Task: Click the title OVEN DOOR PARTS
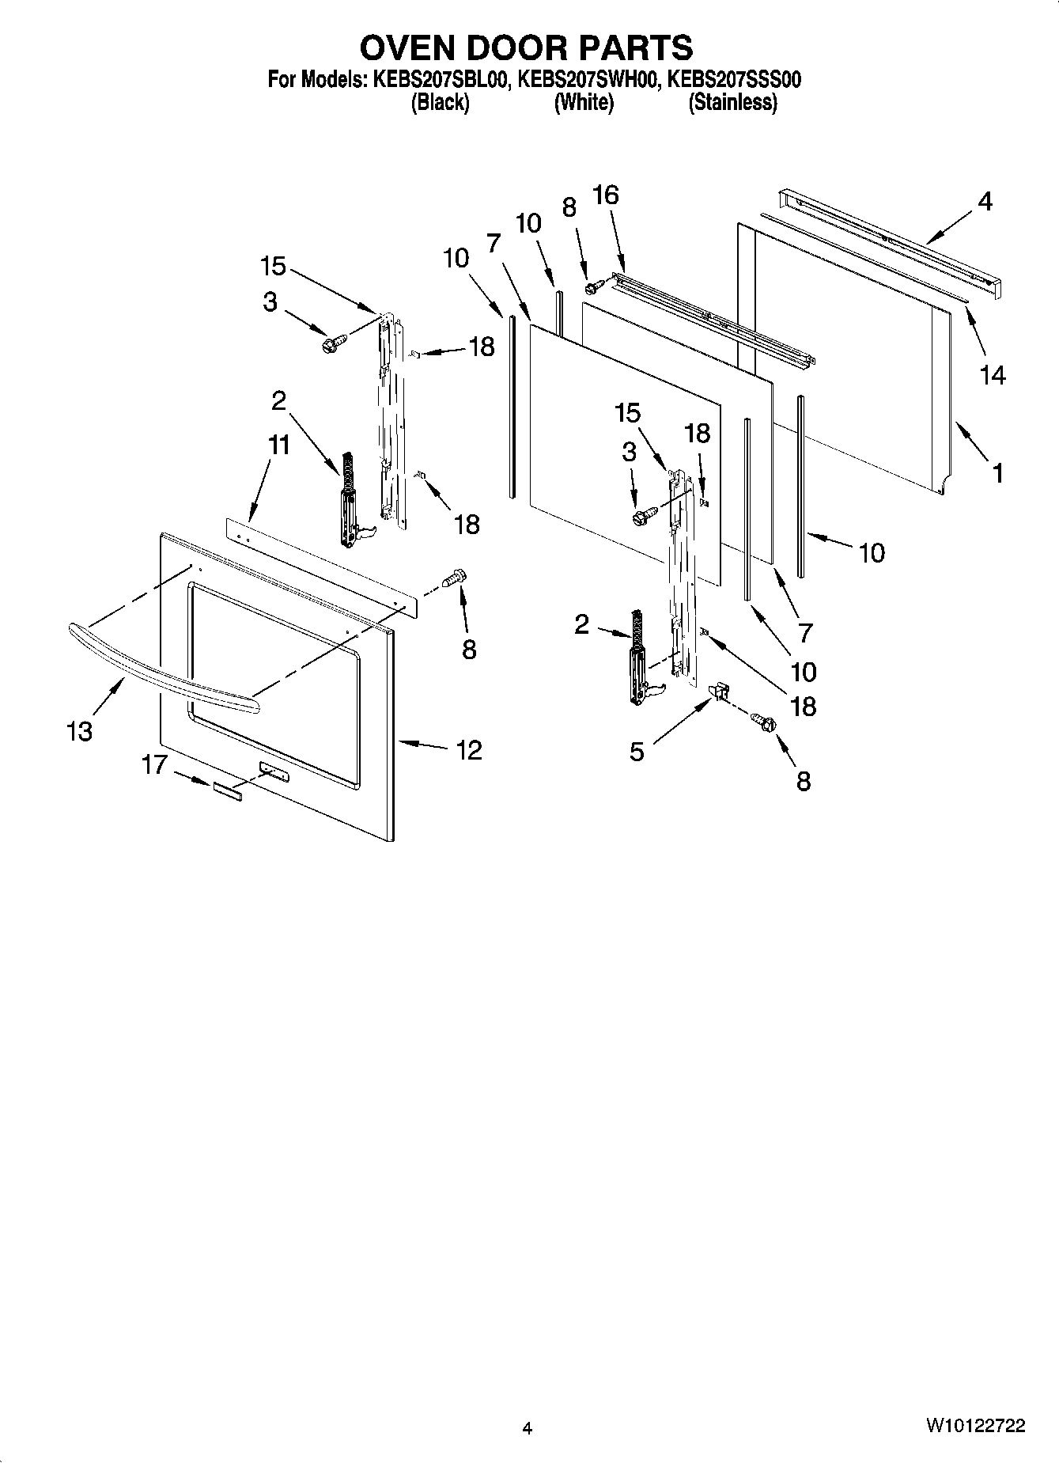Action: click(527, 48)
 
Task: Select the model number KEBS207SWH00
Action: click(588, 80)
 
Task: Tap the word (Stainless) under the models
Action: click(732, 103)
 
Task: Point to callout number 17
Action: click(155, 764)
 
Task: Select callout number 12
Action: click(469, 749)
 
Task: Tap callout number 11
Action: click(278, 445)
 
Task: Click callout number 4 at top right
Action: click(985, 202)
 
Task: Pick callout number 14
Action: click(993, 375)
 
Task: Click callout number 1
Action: click(998, 473)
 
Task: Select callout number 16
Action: click(606, 195)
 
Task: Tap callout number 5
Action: click(637, 751)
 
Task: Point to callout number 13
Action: click(79, 731)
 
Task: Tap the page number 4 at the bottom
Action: click(528, 1428)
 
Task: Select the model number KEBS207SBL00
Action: click(440, 80)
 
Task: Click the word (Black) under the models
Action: click(440, 103)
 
